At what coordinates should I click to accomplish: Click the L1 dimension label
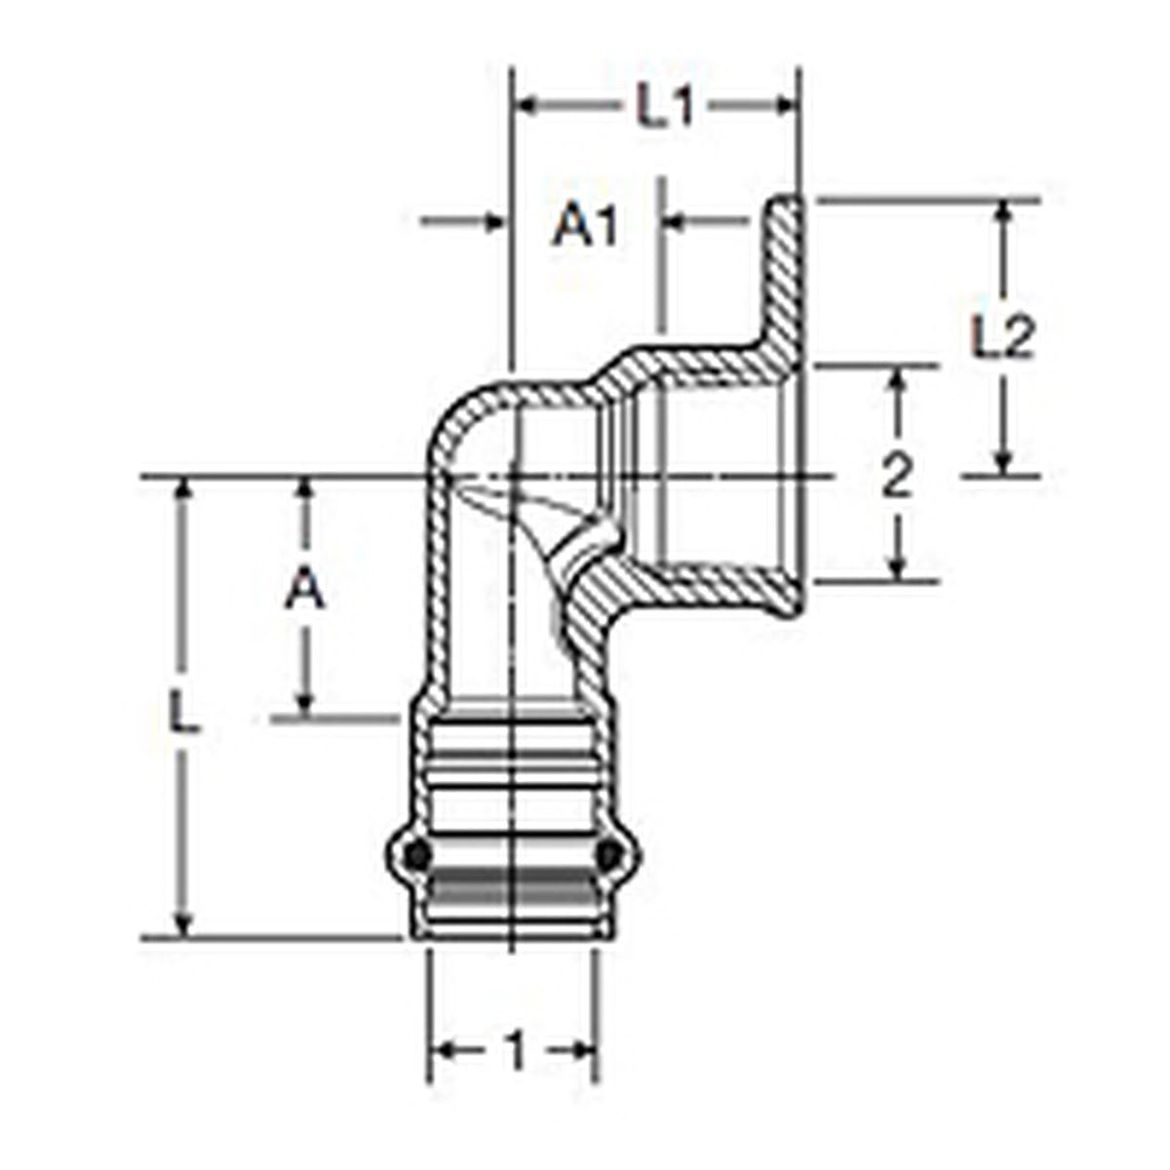click(x=664, y=105)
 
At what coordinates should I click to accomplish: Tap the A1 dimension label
click(x=585, y=224)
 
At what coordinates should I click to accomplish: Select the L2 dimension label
click(x=1001, y=335)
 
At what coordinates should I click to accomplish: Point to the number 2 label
click(x=897, y=476)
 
